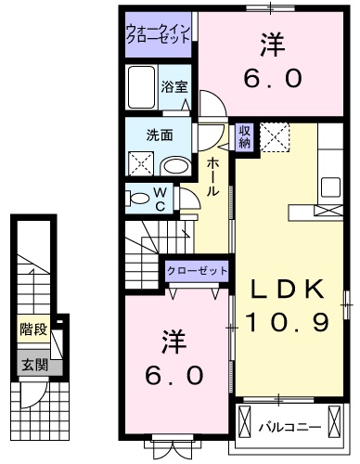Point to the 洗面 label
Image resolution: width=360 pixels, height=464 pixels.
coord(160,135)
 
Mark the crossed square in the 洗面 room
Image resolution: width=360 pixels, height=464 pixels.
coord(141,163)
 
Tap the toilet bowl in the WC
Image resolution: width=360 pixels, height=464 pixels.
coord(139,198)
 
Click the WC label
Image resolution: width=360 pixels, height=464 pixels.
coord(160,199)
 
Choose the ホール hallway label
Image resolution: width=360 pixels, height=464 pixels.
coord(212,175)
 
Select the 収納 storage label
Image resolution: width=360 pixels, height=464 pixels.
coord(244,136)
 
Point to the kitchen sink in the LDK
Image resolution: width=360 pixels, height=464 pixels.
coord(329,185)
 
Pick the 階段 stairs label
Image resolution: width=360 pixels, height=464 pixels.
coord(32,329)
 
